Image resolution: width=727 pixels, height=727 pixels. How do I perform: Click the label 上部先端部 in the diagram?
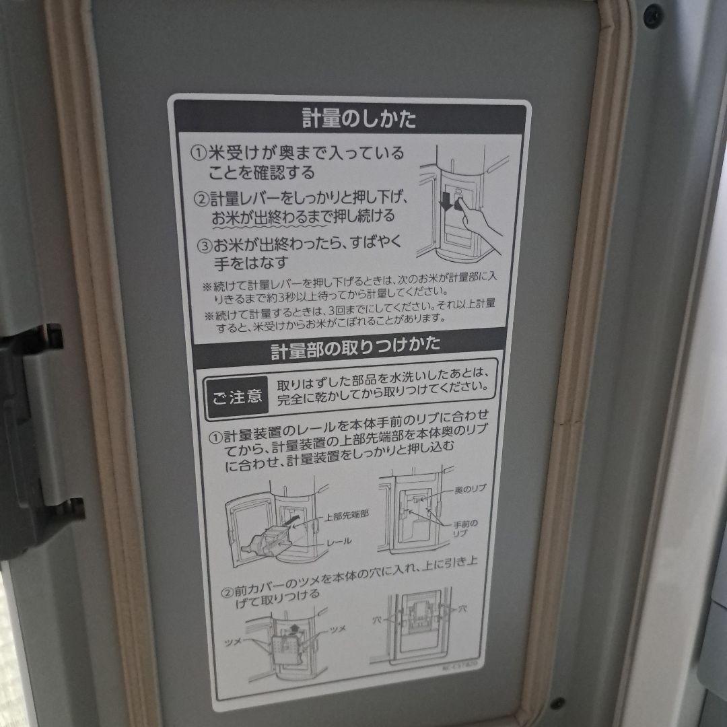pyautogui.click(x=346, y=517)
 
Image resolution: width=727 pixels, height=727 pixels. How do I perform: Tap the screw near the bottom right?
pyautogui.click(x=558, y=703)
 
